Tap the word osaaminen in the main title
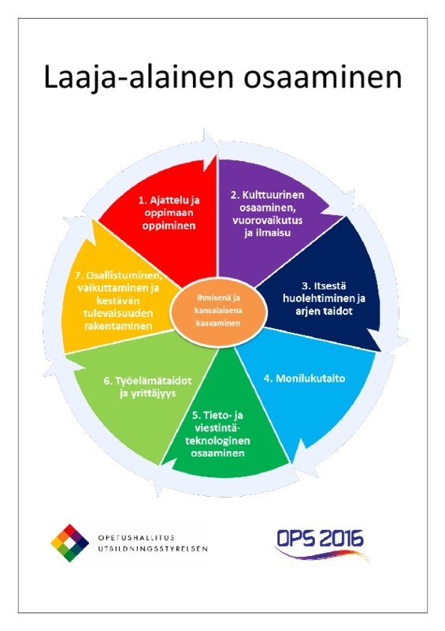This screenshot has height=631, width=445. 323,77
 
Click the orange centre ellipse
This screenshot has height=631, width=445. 218,311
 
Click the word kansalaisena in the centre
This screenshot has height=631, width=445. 218,311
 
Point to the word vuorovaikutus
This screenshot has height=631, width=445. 267,220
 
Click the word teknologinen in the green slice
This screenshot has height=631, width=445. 217,440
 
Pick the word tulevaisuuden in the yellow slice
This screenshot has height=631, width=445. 118,313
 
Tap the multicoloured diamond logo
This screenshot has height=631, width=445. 69,543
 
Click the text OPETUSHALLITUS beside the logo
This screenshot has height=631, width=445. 136,538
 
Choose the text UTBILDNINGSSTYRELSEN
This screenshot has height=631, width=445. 153,548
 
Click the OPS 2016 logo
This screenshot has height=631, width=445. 321,543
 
